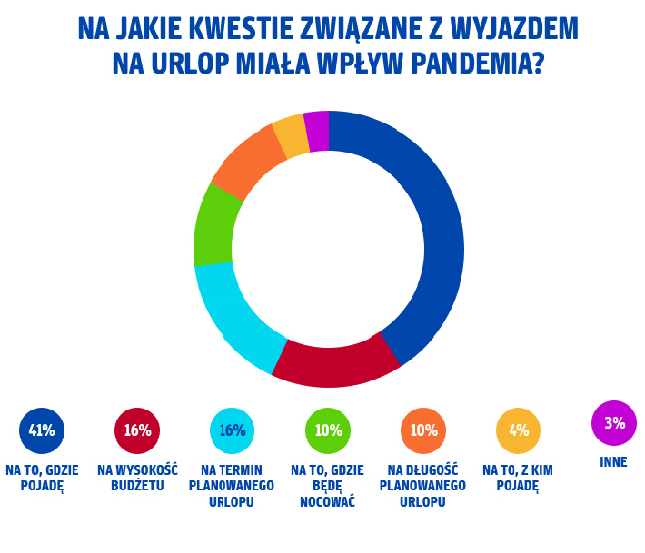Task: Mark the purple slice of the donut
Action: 316,131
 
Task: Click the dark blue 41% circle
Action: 42,430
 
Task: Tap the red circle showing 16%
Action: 137,430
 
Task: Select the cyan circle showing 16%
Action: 233,430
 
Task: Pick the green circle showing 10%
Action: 328,430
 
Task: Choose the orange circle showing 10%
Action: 423,430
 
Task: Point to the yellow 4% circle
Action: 519,430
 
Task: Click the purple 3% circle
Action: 614,423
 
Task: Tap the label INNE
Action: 614,462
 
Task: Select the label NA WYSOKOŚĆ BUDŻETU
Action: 137,478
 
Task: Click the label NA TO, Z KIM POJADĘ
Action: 518,478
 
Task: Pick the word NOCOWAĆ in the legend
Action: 327,501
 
